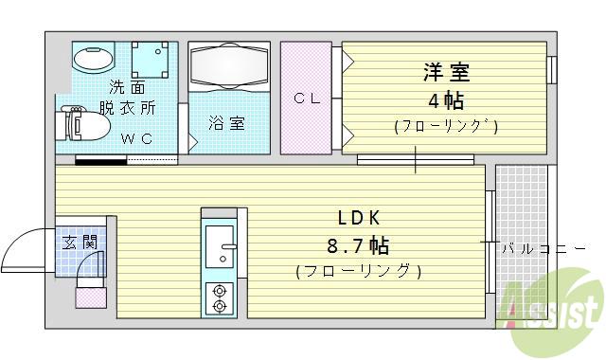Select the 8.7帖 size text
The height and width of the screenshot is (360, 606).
[358, 246]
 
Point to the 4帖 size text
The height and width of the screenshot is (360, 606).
[444, 100]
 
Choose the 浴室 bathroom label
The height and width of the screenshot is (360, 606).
[227, 122]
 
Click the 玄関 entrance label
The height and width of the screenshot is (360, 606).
[80, 242]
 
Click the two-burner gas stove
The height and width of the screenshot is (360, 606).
[220, 297]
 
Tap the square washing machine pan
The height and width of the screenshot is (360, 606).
[150, 61]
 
